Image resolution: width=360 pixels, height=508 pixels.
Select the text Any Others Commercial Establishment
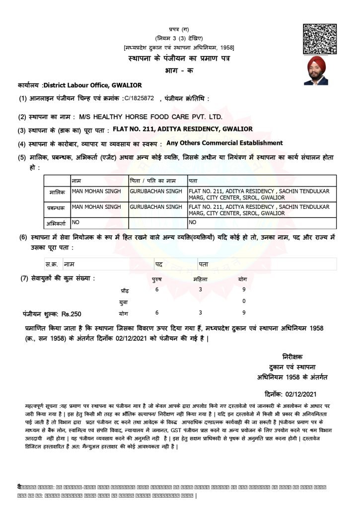coord(224,143)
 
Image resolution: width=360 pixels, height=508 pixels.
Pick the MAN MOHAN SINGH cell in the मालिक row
coord(97,190)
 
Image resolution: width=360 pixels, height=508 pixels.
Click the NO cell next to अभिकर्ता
coord(76,222)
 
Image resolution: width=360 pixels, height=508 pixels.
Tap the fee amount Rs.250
coord(71,314)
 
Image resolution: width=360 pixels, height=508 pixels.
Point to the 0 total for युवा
coord(244,301)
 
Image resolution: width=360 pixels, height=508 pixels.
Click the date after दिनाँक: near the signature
coord(301,394)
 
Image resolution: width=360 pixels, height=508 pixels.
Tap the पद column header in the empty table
coord(159,264)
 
